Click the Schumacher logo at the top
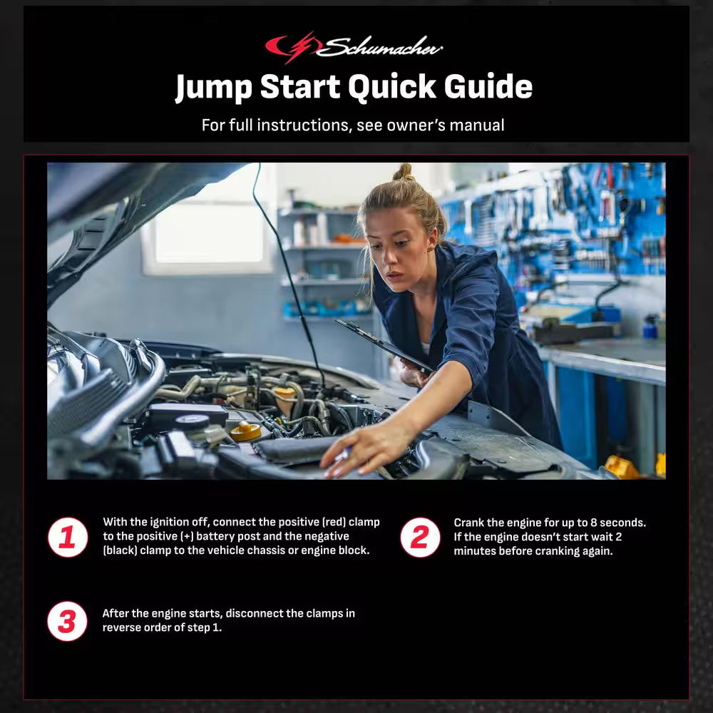click(x=354, y=47)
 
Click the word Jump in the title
click(x=213, y=88)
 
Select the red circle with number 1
click(x=68, y=537)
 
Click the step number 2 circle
click(x=420, y=537)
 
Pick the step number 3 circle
click(x=68, y=621)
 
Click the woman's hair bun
click(x=404, y=172)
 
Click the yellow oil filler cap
click(x=246, y=431)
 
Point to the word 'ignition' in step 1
click(x=170, y=522)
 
